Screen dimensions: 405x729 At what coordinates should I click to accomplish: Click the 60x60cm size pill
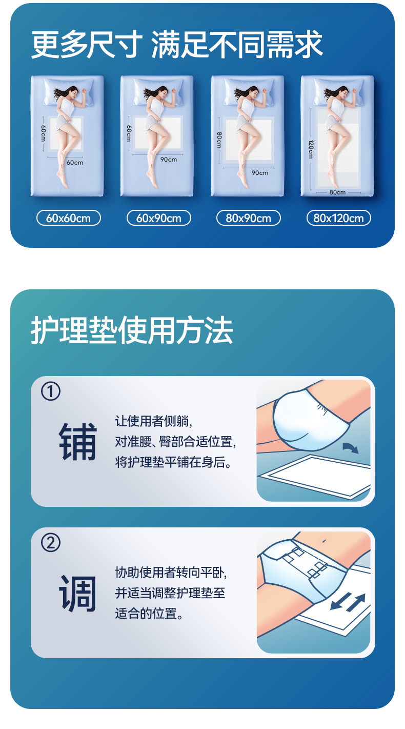68,218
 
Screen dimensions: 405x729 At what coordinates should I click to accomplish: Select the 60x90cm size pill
158,218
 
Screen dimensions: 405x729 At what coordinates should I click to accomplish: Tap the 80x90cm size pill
249,218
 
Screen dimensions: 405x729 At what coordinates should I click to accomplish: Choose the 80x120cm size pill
339,218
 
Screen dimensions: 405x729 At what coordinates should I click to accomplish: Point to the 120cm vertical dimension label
311,149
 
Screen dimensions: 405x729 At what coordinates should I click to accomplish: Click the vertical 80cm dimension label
219,140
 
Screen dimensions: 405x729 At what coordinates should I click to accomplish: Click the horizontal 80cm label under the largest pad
338,192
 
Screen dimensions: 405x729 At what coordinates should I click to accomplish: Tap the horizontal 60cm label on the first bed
75,163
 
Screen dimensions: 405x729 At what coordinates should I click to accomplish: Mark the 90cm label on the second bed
169,160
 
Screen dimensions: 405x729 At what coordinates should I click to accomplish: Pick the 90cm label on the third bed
260,173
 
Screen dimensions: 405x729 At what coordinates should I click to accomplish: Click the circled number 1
51,391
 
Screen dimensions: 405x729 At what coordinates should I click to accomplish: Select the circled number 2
51,543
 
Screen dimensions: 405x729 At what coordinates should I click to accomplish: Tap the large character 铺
78,442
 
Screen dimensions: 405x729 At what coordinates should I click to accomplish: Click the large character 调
78,593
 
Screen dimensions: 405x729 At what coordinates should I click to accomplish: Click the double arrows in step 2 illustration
348,601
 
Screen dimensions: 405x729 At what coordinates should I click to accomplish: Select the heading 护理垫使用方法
132,330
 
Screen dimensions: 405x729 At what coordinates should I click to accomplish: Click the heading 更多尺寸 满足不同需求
177,44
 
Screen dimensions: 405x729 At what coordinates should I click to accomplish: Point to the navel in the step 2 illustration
324,541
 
